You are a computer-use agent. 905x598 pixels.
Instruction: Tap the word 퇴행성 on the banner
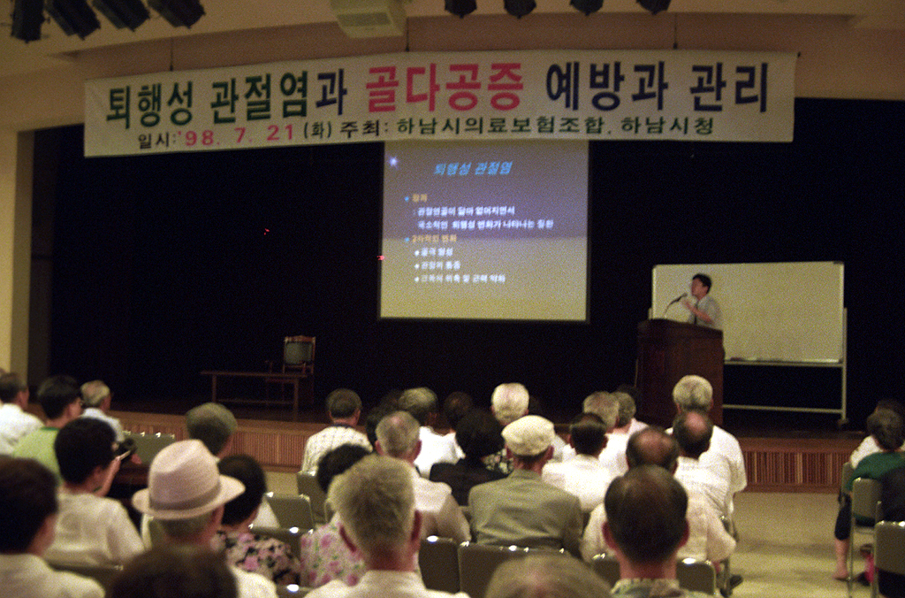click(149, 103)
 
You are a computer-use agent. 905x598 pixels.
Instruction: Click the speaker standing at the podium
click(703, 302)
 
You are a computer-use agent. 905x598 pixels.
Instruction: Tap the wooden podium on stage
click(680, 363)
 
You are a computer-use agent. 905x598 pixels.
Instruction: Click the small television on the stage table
click(299, 352)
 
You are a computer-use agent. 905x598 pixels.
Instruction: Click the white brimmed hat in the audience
click(186, 480)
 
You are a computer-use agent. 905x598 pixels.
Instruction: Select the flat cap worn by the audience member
click(528, 434)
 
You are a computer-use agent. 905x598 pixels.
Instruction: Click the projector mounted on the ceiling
click(369, 17)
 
